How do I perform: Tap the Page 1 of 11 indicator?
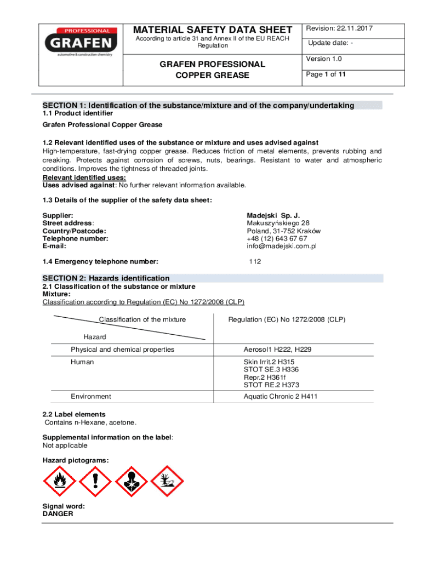pyautogui.click(x=326, y=75)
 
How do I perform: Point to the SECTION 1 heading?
pyautogui.click(x=198, y=105)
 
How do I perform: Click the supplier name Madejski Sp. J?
pyautogui.click(x=273, y=216)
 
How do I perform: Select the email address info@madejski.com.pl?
pyautogui.click(x=282, y=246)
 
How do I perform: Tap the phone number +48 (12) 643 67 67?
pyautogui.click(x=277, y=238)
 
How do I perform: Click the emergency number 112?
pyautogui.click(x=255, y=261)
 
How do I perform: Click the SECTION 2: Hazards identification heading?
pyautogui.click(x=106, y=278)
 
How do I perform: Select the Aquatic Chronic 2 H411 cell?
pyautogui.click(x=280, y=397)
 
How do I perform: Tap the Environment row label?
pyautogui.click(x=90, y=397)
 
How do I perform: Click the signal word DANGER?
pyautogui.click(x=58, y=514)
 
